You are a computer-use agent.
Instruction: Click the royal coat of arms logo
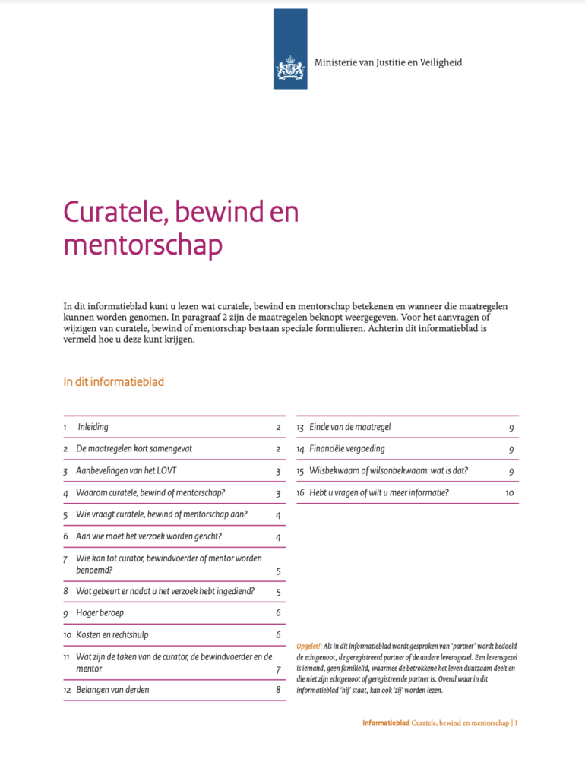(290, 69)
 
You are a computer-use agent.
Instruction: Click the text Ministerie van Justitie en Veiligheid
(388, 62)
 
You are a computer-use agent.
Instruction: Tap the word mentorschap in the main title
(143, 245)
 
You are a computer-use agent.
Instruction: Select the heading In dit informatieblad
(113, 381)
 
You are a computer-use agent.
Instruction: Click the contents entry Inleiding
(93, 427)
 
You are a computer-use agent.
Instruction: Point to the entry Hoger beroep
(100, 612)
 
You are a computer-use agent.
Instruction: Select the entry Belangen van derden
(112, 690)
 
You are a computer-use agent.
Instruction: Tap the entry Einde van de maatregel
(350, 427)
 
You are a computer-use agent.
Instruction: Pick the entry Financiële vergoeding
(346, 449)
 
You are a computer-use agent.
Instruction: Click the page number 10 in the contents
(510, 493)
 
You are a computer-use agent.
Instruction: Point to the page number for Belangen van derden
(279, 690)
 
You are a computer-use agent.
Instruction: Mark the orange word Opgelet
(308, 647)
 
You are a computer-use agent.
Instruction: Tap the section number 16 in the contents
(300, 493)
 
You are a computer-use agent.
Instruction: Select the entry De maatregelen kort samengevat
(134, 449)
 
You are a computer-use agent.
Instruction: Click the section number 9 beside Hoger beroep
(66, 612)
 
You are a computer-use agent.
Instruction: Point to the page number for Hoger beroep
(279, 612)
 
